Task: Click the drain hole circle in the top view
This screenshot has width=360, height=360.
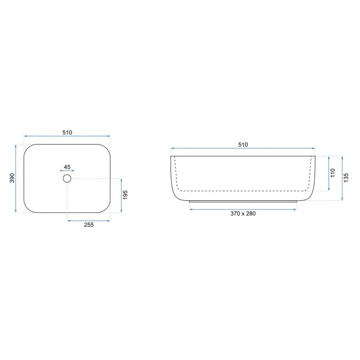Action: click(x=63, y=179)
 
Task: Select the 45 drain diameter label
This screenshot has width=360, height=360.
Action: click(x=67, y=167)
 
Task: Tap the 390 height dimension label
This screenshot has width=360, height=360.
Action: click(x=12, y=178)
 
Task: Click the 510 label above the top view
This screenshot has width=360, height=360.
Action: click(x=67, y=133)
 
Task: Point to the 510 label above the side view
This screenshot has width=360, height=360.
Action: click(x=243, y=145)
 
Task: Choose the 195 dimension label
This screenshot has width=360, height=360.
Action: click(x=125, y=195)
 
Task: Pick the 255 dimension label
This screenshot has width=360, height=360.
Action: click(x=89, y=225)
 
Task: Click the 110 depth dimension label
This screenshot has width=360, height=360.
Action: click(x=333, y=173)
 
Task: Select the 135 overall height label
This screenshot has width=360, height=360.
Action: click(x=346, y=178)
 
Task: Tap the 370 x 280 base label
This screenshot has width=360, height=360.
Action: click(x=243, y=213)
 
